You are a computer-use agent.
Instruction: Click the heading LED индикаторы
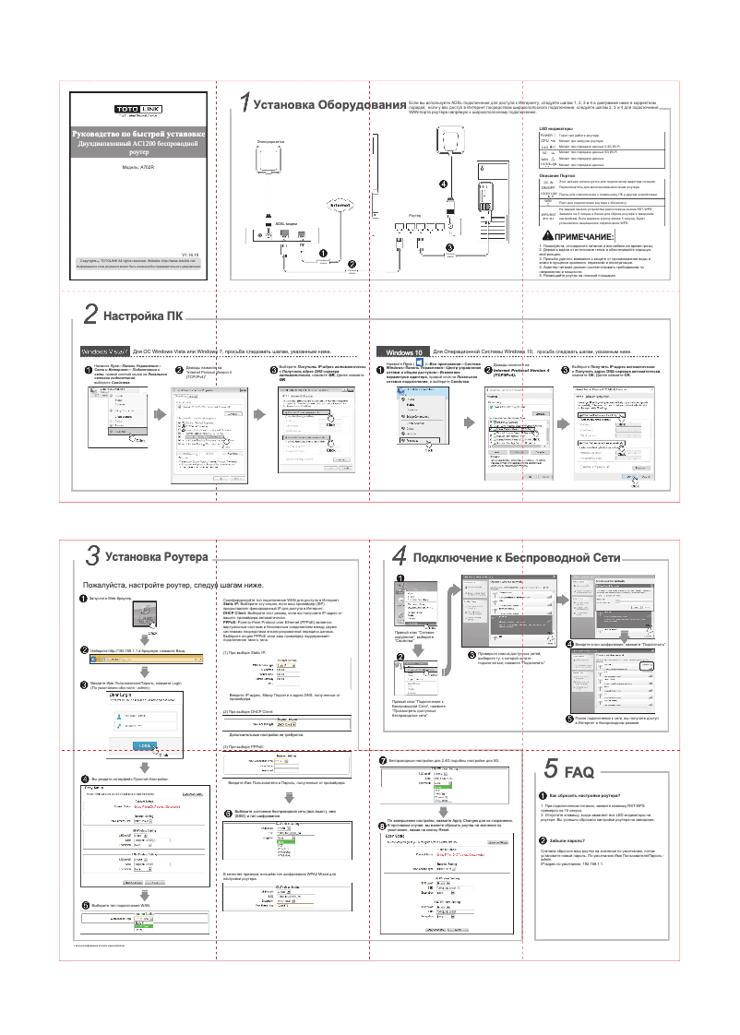[x=556, y=129]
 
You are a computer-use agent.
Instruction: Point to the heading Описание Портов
[x=557, y=174]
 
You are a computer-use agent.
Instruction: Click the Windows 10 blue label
[x=403, y=352]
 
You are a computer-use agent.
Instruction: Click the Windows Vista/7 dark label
[x=106, y=352]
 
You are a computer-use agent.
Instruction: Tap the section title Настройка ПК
[x=143, y=315]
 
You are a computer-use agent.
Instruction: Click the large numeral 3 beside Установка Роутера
[x=93, y=557]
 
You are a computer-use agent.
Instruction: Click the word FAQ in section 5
[x=579, y=771]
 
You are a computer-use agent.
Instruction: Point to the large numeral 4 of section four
[x=399, y=557]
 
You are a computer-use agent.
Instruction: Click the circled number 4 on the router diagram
[x=444, y=184]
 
